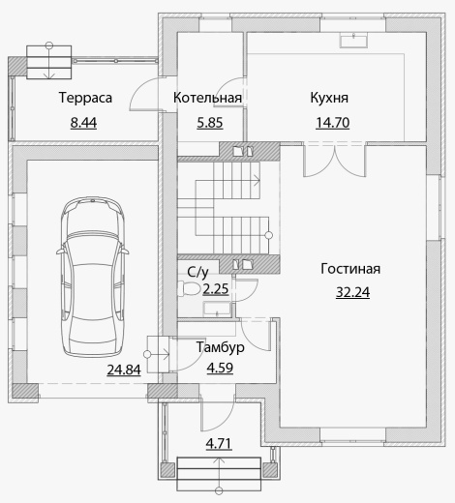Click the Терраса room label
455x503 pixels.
pos(85,98)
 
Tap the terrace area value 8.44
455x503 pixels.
pos(83,123)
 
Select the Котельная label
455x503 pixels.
pos(207,98)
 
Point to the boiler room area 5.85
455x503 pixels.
pos(210,123)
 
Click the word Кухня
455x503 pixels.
pos(329,98)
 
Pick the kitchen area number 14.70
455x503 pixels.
pos(333,123)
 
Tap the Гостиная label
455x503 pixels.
pos(350,269)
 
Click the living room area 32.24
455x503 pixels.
pos(352,292)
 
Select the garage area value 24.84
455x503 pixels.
pos(124,370)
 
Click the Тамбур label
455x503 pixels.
pos(221,347)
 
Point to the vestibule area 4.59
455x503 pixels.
pos(220,368)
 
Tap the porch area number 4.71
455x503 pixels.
pos(219,444)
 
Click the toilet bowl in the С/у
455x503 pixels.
pos(189,288)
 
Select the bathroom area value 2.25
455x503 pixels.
pos(216,289)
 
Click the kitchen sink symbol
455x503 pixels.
pos(353,40)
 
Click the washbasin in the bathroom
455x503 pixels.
pos(217,310)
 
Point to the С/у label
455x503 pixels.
pos(197,272)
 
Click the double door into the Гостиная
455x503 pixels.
pos(334,160)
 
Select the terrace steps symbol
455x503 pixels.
pos(49,62)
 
